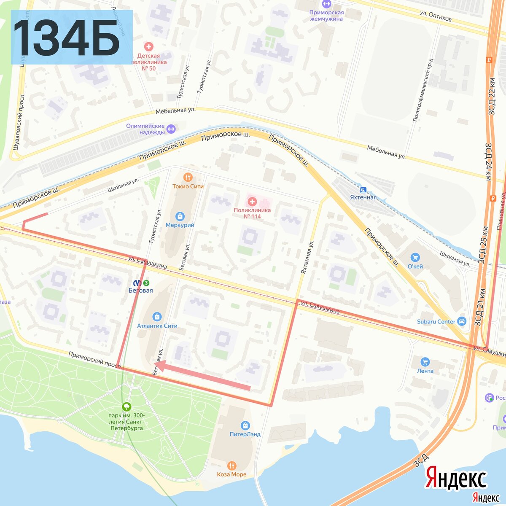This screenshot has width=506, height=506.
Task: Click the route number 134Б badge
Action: (x=72, y=37)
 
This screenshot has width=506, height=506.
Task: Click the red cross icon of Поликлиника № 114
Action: (x=252, y=202)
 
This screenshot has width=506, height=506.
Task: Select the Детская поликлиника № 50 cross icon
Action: (x=148, y=46)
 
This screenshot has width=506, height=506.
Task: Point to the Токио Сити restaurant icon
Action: (x=188, y=177)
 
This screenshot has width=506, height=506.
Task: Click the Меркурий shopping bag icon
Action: (x=180, y=216)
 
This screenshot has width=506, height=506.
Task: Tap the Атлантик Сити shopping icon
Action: (x=157, y=317)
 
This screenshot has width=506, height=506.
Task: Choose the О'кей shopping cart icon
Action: (x=415, y=257)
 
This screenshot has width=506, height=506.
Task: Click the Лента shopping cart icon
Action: (x=425, y=362)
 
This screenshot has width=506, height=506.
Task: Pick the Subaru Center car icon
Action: (x=462, y=321)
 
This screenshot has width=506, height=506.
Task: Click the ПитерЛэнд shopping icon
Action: (x=245, y=425)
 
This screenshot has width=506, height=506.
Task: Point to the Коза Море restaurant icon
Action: (x=231, y=466)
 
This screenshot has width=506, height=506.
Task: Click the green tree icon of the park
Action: (x=126, y=407)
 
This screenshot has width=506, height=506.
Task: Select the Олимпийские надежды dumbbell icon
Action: (x=171, y=129)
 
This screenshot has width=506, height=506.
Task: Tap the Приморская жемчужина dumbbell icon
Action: (x=326, y=4)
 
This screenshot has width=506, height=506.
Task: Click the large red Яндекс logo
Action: (x=456, y=478)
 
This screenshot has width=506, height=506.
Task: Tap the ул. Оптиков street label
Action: (x=436, y=16)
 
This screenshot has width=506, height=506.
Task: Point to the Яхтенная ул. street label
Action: (x=307, y=258)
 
